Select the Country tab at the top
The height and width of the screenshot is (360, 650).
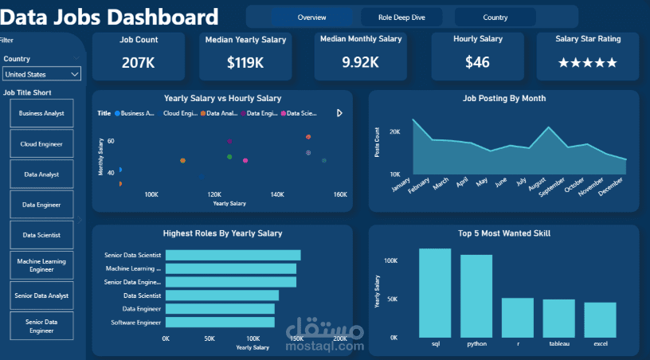click(495, 17)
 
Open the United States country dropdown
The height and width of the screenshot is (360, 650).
click(41, 74)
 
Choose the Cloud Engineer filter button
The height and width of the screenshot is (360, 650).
click(41, 144)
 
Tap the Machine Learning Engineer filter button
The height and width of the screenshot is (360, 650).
click(41, 265)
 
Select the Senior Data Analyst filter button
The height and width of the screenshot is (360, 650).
click(41, 295)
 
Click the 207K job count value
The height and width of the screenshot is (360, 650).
click(139, 62)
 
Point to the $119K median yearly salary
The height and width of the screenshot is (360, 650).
click(245, 62)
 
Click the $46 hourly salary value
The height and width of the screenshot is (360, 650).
click(477, 62)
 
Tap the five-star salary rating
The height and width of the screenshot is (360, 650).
click(587, 62)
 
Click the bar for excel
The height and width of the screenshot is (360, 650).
click(600, 319)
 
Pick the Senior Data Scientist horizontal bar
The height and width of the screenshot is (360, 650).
click(233, 255)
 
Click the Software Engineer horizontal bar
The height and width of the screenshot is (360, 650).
click(220, 323)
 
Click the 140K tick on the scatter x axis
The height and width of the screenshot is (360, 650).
click(277, 194)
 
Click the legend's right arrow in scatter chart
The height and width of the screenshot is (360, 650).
click(340, 113)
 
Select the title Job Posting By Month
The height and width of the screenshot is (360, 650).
click(503, 99)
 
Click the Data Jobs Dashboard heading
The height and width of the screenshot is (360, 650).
click(112, 17)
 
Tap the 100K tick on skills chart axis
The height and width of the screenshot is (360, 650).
click(390, 261)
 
